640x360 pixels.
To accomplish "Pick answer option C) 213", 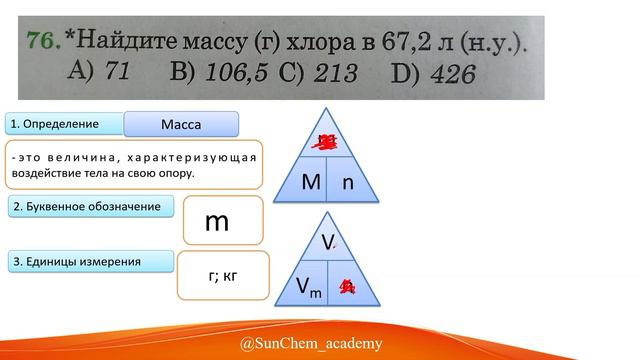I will pos(320,72).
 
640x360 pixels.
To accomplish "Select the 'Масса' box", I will pos(181,124).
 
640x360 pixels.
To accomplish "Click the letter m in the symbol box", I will pos(217,221).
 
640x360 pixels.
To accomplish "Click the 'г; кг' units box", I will pos(223,275).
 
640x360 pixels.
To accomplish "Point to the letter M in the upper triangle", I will pos(310,183).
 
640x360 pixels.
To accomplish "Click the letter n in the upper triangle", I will pos(349,183).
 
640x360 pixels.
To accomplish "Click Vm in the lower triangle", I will pos(309,288).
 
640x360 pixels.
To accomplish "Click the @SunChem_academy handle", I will pos(311,344).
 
